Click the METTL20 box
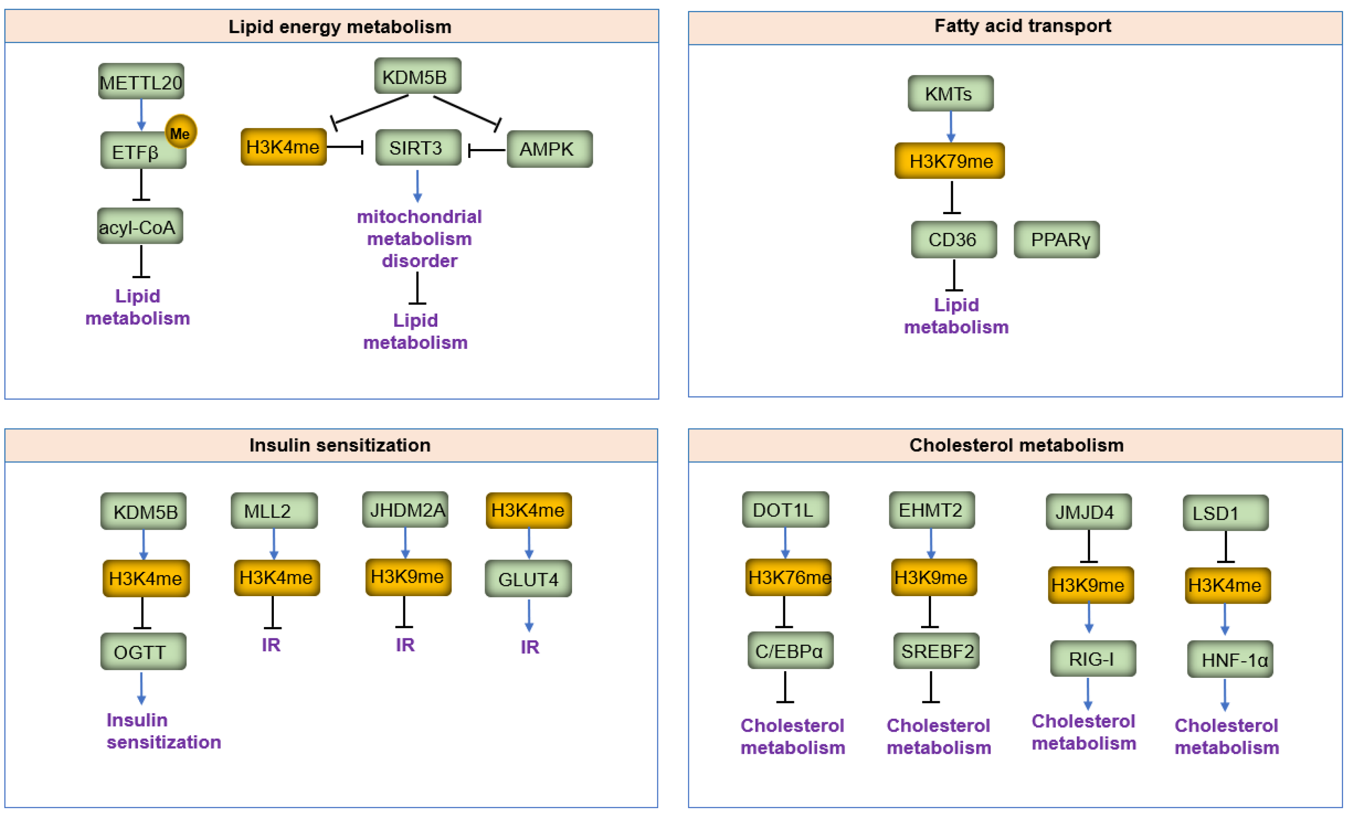pyautogui.click(x=141, y=82)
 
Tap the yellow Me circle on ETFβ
pyautogui.click(x=180, y=132)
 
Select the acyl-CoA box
pyautogui.click(x=140, y=226)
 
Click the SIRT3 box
pyautogui.click(x=418, y=147)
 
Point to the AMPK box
pyautogui.click(x=549, y=149)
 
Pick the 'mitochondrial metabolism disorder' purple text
pyautogui.click(x=419, y=239)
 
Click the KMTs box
pyautogui.click(x=950, y=94)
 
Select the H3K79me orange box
pyautogui.click(x=950, y=161)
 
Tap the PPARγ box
pyautogui.click(x=1057, y=239)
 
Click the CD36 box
pyautogui.click(x=954, y=239)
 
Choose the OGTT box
pyautogui.click(x=143, y=652)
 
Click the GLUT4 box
pyautogui.click(x=528, y=579)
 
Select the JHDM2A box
pyautogui.click(x=405, y=510)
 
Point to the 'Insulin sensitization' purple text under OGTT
pyautogui.click(x=163, y=731)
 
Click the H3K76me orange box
pyautogui.click(x=789, y=577)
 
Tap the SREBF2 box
pyautogui.click(x=936, y=651)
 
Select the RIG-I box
pyautogui.click(x=1093, y=659)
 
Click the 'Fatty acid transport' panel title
pyautogui.click(x=1022, y=26)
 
